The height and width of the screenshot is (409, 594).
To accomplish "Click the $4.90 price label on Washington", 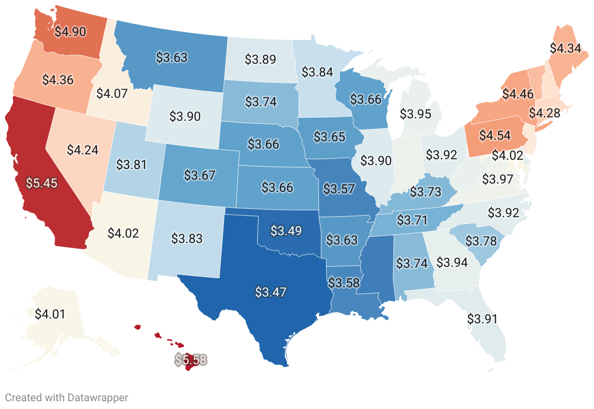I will [x=70, y=32].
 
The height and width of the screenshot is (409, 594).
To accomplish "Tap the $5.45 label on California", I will [x=41, y=183].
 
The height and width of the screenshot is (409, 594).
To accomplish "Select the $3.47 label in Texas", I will [x=271, y=292].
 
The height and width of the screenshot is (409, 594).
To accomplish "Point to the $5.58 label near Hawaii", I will [x=191, y=360].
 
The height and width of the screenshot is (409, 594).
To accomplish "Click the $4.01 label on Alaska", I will [x=50, y=313].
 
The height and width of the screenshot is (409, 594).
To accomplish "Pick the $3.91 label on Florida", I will [x=482, y=319].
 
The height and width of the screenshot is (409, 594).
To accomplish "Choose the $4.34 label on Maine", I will [x=565, y=48].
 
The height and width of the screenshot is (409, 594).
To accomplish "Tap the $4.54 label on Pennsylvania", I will [x=495, y=135].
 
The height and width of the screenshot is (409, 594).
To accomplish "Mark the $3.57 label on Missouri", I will [x=339, y=188].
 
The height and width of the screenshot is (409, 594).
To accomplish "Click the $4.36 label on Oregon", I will [x=58, y=79].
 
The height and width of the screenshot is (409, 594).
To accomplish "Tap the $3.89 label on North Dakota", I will [x=260, y=59].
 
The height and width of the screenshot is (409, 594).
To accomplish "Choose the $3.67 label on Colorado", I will [x=200, y=175].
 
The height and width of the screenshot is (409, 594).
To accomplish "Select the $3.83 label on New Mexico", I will [x=187, y=238].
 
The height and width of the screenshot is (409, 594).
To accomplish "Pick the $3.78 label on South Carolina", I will [x=481, y=241].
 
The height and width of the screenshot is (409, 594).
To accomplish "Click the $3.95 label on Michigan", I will [x=415, y=114].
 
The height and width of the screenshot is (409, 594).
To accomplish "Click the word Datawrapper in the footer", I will [x=97, y=397].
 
